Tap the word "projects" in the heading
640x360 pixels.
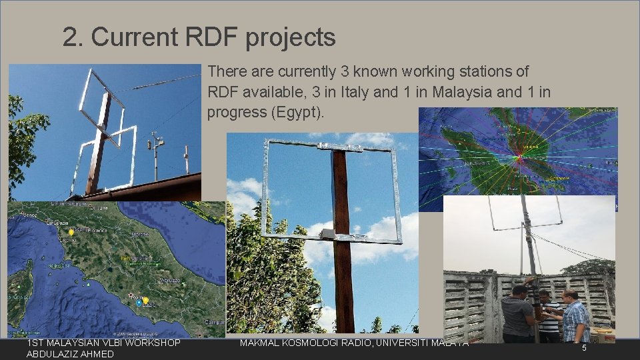pyautogui.click(x=290, y=39)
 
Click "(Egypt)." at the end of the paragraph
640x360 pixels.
pyautogui.click(x=297, y=112)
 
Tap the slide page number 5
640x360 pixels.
pyautogui.click(x=583, y=348)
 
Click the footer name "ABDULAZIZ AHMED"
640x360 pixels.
pyautogui.click(x=70, y=354)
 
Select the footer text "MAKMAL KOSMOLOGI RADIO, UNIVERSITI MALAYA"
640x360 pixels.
pyautogui.click(x=354, y=343)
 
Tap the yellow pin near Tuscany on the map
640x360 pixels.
pyautogui.click(x=71, y=232)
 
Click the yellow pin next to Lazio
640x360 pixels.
pyautogui.click(x=145, y=300)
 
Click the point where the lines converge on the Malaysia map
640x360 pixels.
pyautogui.click(x=519, y=157)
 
